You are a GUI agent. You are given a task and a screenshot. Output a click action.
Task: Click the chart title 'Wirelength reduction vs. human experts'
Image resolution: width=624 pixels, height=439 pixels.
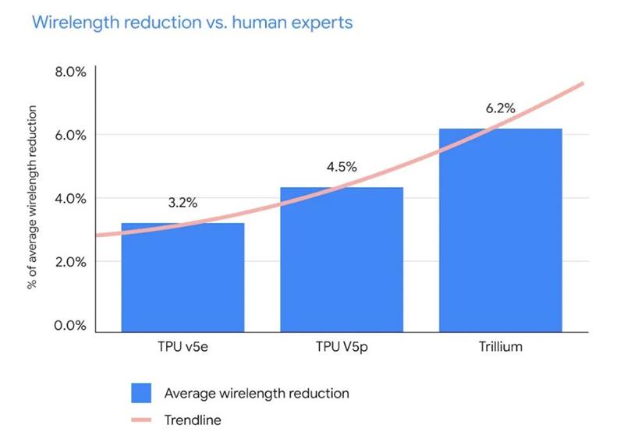(192, 23)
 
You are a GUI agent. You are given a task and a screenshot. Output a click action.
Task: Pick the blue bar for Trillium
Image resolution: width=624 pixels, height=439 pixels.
(500, 231)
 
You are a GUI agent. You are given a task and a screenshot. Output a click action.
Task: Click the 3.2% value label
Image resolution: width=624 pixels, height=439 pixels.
(183, 204)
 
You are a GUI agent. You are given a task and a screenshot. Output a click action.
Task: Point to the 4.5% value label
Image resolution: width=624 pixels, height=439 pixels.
(342, 167)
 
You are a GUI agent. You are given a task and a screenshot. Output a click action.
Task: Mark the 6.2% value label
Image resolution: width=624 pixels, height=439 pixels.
(500, 109)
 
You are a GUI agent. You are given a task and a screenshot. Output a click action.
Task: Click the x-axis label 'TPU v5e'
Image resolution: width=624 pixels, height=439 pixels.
(183, 346)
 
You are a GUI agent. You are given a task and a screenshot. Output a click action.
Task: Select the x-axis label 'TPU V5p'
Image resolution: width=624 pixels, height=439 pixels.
(342, 346)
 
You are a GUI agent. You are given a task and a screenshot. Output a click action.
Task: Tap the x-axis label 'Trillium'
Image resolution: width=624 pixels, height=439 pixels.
(500, 346)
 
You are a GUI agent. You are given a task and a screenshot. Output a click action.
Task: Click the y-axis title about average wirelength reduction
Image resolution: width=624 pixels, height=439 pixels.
(33, 198)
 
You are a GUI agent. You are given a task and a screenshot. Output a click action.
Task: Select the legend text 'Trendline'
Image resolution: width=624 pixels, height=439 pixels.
(193, 420)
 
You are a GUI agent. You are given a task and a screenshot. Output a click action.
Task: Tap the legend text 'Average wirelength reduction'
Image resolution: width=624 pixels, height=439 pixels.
(257, 393)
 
